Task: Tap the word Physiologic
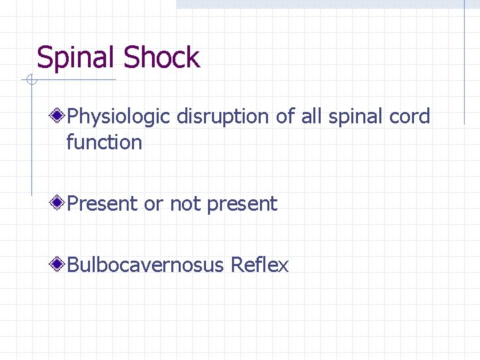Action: (120, 117)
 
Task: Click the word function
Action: (104, 142)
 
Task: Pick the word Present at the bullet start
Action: (103, 203)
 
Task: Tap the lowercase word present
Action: (242, 204)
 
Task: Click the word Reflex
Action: (259, 265)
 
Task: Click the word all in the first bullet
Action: (310, 117)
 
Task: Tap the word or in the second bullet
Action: (153, 204)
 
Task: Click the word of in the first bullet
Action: (285, 117)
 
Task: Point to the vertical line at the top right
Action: (464, 60)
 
